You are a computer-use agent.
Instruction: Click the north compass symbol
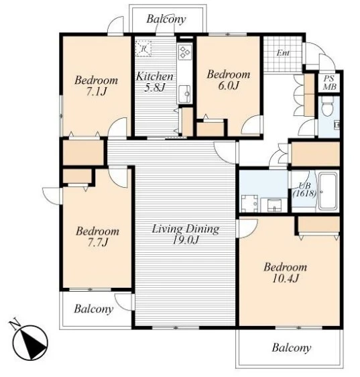(31, 342)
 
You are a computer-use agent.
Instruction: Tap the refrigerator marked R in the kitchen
(143, 48)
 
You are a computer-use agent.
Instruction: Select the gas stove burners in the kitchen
(185, 52)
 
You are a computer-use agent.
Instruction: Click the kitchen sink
(185, 94)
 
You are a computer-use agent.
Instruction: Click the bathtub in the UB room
(328, 191)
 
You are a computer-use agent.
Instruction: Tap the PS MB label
(329, 83)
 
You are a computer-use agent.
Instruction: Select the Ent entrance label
(283, 52)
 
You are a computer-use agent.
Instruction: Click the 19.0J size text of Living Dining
(186, 240)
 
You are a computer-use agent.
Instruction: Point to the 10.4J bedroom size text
(286, 278)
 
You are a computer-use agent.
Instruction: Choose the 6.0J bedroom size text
(229, 85)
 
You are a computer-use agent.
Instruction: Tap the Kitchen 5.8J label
(155, 82)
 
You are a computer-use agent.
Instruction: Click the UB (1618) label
(304, 189)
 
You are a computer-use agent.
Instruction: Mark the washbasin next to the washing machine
(274, 205)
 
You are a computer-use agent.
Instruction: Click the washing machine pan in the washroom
(249, 204)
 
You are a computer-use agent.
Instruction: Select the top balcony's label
(166, 19)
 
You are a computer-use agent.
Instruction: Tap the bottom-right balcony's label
(292, 347)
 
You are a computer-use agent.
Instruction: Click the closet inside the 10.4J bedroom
(318, 224)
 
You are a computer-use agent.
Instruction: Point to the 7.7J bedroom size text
(97, 242)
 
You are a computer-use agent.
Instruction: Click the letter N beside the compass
(15, 324)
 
